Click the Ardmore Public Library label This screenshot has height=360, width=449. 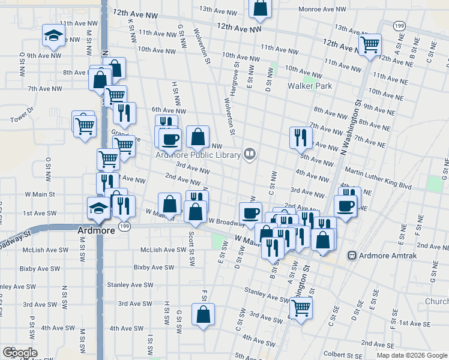(x=197, y=154)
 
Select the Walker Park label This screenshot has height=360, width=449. (x=310, y=86)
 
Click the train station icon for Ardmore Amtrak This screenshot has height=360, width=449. (x=352, y=256)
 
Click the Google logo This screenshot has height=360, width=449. (x=19, y=353)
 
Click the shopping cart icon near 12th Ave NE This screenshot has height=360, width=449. (x=370, y=44)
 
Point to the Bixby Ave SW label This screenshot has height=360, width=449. (x=151, y=267)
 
